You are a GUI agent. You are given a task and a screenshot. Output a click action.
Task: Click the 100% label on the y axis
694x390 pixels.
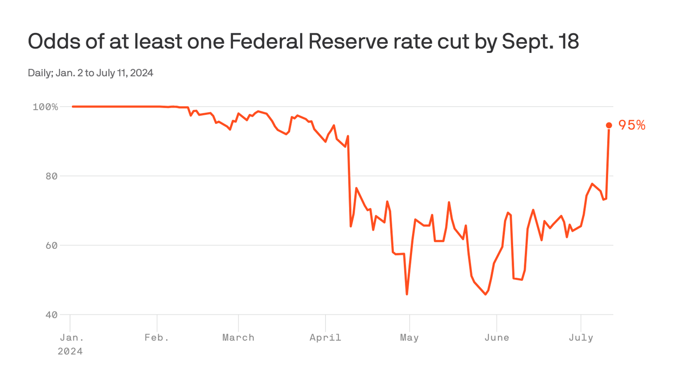coord(45,107)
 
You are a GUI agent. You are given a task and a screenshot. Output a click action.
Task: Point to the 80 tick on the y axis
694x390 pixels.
coord(51,176)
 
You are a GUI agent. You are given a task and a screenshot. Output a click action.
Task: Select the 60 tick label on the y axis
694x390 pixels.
coord(51,245)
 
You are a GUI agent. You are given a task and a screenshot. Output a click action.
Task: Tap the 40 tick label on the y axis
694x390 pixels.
coord(51,315)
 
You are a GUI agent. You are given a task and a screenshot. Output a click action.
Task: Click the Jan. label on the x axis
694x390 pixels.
coord(70,338)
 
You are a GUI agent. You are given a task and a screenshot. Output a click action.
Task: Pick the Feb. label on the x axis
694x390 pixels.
coord(157,338)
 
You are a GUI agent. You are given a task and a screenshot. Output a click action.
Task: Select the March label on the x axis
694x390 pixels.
coord(238,338)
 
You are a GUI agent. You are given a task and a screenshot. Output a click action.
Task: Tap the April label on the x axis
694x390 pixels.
coord(325,338)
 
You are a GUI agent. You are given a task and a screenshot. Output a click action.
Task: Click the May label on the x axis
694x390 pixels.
coord(409,338)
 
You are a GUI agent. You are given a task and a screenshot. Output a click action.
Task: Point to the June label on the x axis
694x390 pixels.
coord(496,338)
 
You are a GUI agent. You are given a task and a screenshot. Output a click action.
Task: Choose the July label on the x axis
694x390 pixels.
coord(581,338)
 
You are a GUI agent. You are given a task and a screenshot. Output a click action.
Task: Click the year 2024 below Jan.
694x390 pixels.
coord(70,351)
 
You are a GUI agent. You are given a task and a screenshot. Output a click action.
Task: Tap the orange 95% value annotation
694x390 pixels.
coord(632,125)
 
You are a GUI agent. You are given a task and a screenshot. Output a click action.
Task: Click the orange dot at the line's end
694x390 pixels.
coord(609,125)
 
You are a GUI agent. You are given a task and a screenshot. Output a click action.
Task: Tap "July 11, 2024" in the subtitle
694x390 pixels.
coord(124,73)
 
